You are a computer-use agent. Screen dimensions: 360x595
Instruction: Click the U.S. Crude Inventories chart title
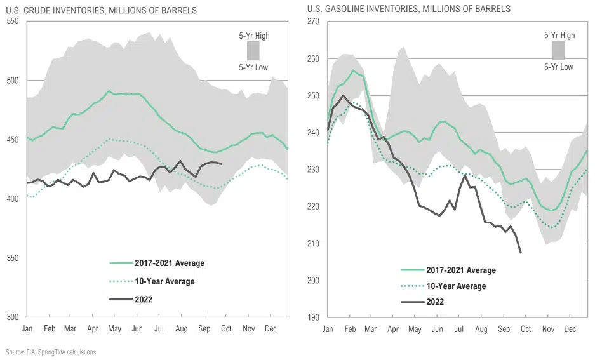(x=101, y=10)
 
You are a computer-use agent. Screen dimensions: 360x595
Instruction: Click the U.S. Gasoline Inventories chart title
(x=408, y=10)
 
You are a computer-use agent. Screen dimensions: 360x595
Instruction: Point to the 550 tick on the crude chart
(x=13, y=22)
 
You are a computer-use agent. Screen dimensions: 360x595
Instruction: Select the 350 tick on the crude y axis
(x=13, y=258)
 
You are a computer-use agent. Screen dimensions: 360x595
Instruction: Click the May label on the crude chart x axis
(x=115, y=329)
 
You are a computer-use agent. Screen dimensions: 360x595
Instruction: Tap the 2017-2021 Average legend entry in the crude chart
(x=169, y=263)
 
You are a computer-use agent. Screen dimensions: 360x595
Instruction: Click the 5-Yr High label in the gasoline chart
(x=559, y=36)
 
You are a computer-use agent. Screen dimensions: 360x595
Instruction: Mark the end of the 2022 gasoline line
(x=521, y=253)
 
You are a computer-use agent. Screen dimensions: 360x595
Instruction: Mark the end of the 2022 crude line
(x=221, y=164)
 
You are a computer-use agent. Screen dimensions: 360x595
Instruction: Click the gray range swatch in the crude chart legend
(x=253, y=51)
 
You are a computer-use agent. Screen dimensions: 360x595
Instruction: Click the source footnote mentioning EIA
(x=51, y=352)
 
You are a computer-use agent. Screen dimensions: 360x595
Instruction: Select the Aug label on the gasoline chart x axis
(x=481, y=329)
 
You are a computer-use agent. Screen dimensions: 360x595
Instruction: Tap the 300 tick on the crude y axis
(x=13, y=317)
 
